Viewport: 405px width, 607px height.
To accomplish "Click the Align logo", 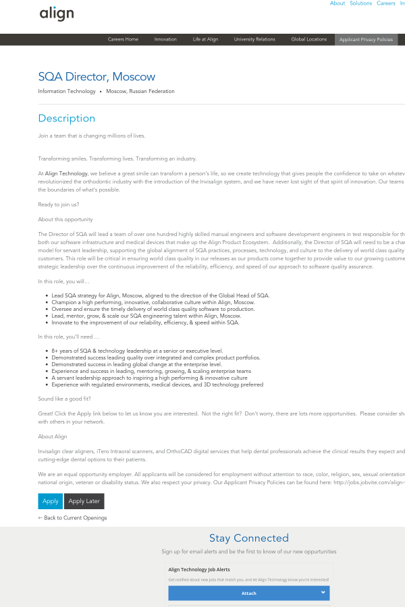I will click(x=57, y=13).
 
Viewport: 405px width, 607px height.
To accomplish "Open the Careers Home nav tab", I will click(x=123, y=40).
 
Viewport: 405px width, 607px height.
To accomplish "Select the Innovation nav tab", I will click(x=165, y=40).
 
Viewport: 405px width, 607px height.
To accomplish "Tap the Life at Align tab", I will click(x=205, y=40).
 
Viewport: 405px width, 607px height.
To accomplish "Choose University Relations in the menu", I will click(x=254, y=40).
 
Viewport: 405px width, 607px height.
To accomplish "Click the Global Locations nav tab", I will click(x=308, y=40).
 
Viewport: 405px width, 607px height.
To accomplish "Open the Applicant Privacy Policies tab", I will click(x=366, y=40).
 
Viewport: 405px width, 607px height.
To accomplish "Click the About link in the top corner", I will click(x=337, y=3).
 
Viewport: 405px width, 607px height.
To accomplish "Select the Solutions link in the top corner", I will click(x=360, y=3).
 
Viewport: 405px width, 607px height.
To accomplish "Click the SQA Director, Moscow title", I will click(x=97, y=77).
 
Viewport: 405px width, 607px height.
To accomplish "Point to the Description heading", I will click(x=67, y=118).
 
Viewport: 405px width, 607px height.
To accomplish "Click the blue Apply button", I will click(x=51, y=501).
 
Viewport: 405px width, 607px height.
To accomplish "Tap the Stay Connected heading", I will click(x=248, y=538).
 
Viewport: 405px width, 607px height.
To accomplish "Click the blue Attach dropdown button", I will click(x=249, y=593).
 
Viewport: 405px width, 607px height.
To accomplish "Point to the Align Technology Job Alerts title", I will click(x=199, y=570).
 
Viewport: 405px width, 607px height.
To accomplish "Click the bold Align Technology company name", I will click(x=66, y=173).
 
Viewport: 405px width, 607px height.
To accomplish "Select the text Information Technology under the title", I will click(x=67, y=91).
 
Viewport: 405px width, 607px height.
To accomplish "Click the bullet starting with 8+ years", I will click(x=137, y=351).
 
